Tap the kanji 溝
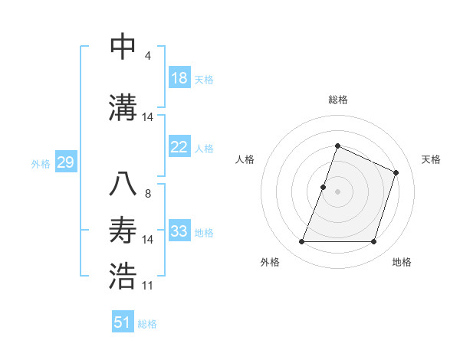[x=123, y=106]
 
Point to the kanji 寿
[x=123, y=230]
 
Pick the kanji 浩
[x=123, y=276]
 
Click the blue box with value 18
[x=179, y=78]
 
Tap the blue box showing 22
[x=179, y=148]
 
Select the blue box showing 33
[x=179, y=231]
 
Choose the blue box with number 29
[x=65, y=162]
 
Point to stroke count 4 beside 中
[x=148, y=56]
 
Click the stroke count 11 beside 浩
[x=148, y=286]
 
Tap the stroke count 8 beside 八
[x=148, y=193]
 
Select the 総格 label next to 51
[x=147, y=323]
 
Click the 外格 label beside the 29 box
[x=41, y=163]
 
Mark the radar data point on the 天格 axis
[x=396, y=172]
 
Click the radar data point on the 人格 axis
[x=324, y=187]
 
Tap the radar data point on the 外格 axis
[x=301, y=242]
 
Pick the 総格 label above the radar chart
[x=337, y=100]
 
